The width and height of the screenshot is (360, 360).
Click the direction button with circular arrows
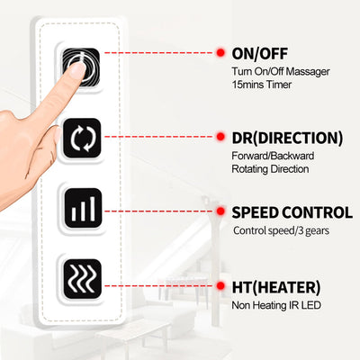[82, 139]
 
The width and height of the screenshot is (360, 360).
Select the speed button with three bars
[82, 208]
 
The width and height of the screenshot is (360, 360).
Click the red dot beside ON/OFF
[220, 53]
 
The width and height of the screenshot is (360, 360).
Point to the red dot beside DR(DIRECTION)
[220, 137]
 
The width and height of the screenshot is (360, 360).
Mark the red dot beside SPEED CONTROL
[220, 211]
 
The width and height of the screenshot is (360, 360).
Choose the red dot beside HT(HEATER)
[220, 286]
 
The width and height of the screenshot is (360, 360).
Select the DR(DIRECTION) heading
[287, 138]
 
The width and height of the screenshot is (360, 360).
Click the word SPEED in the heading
[256, 212]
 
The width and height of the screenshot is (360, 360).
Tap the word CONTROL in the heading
[317, 212]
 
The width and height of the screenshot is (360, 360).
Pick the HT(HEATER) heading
[276, 287]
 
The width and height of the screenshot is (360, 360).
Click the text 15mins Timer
[261, 85]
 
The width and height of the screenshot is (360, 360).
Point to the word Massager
[308, 72]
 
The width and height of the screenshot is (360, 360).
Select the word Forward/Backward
[273, 156]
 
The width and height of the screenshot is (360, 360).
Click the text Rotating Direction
[270, 169]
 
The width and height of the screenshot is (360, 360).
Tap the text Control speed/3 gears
[281, 230]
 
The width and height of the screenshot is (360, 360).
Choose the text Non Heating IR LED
[276, 305]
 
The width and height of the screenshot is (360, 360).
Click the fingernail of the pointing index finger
[77, 71]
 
